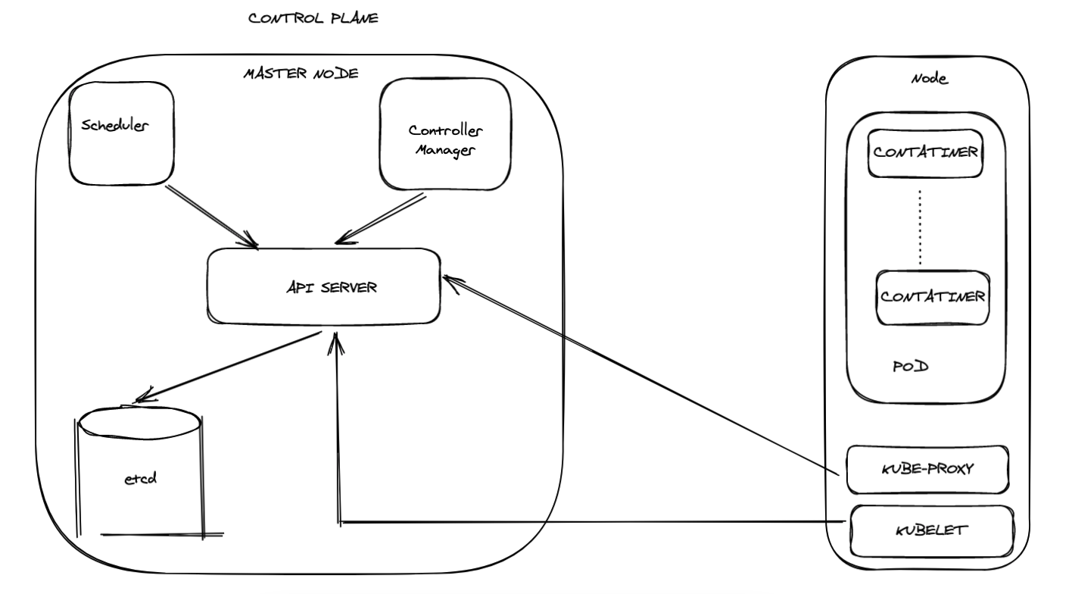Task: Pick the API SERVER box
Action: [323, 286]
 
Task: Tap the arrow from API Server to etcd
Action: [227, 369]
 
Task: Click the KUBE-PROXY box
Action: [927, 469]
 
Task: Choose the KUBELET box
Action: [931, 530]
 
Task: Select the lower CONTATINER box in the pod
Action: [932, 295]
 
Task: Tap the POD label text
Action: [910, 367]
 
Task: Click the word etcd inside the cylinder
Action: [139, 479]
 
